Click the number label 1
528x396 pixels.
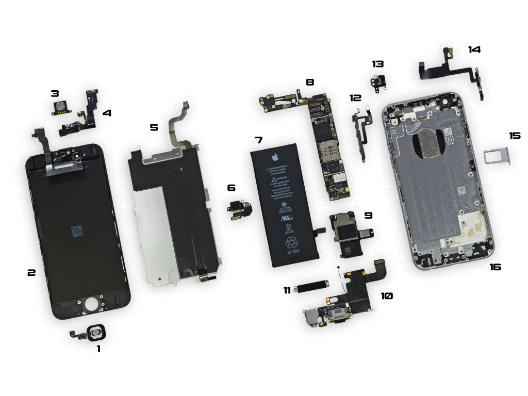(x=98, y=349)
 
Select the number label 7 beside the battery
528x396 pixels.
(x=258, y=140)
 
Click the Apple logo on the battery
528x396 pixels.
(x=275, y=157)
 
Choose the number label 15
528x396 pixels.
(x=515, y=136)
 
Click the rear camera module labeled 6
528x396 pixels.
(x=239, y=209)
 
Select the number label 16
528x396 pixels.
(x=495, y=267)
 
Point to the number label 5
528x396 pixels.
(x=154, y=127)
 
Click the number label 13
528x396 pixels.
(x=378, y=64)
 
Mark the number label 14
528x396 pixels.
(x=474, y=49)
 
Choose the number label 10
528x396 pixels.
(x=387, y=296)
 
